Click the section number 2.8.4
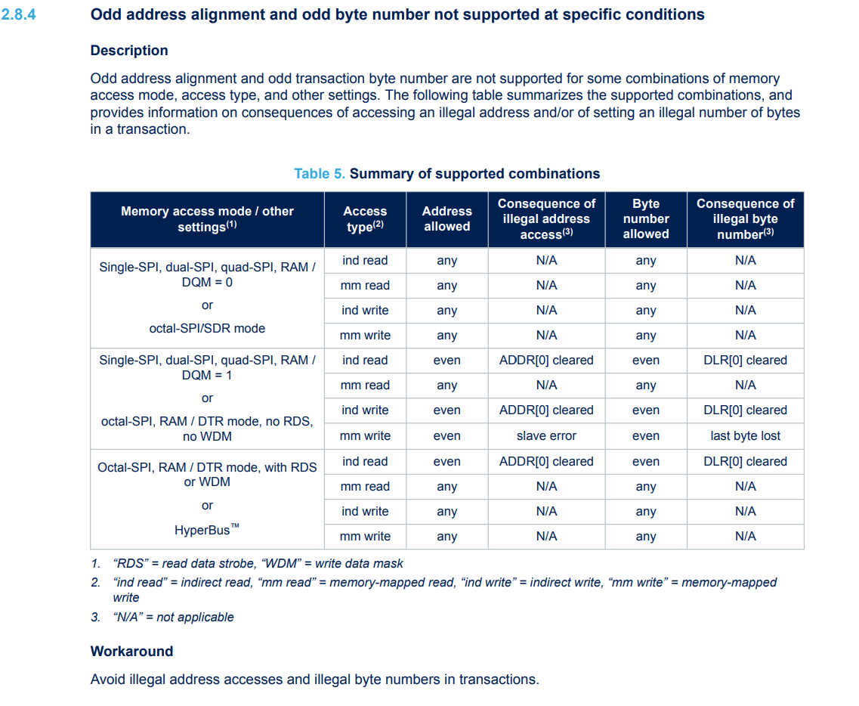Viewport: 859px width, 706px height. (20, 14)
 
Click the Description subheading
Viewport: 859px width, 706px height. (129, 51)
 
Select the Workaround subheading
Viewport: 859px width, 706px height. (131, 652)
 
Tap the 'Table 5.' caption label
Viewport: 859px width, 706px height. (320, 174)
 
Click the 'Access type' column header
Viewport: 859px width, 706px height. (365, 219)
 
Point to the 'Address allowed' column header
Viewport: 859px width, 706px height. (446, 219)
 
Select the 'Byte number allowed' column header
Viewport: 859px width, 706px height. (645, 219)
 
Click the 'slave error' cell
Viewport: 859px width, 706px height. (546, 436)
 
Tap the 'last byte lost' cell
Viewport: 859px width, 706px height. (745, 436)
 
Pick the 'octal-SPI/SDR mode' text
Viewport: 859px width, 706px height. (207, 328)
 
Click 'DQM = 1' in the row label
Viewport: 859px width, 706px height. (207, 375)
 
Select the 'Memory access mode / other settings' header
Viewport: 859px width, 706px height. (207, 219)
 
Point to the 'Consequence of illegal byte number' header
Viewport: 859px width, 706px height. (745, 219)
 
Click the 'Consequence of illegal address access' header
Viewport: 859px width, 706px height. (546, 219)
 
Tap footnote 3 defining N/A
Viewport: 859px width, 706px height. (173, 617)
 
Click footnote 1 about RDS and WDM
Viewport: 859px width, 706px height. (257, 563)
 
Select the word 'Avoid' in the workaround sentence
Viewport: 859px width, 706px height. (107, 680)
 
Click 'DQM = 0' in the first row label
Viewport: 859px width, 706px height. (207, 282)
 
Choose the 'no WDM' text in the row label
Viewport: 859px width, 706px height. (207, 437)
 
